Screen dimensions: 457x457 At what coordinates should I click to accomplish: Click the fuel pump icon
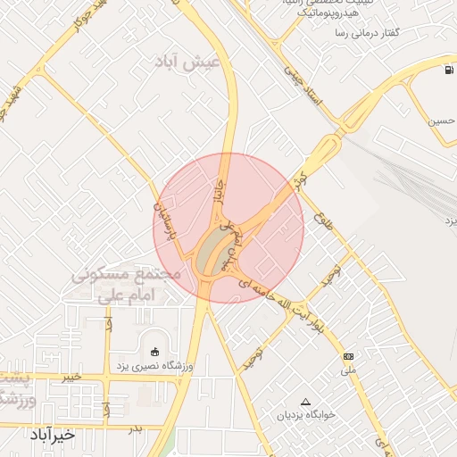click(446, 71)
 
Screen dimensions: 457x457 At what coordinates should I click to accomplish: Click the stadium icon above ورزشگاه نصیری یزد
click(155, 350)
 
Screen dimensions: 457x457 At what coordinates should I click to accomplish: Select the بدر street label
click(135, 429)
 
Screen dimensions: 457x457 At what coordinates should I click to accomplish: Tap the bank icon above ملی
click(347, 356)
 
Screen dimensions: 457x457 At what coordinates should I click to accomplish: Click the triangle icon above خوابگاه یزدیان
click(306, 401)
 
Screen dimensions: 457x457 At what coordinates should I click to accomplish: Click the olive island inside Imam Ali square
click(212, 252)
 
